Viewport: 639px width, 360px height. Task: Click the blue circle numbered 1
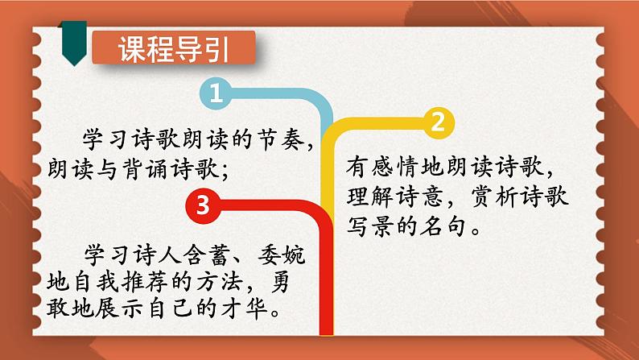[216, 93]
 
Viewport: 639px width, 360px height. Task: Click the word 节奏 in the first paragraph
[279, 139]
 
